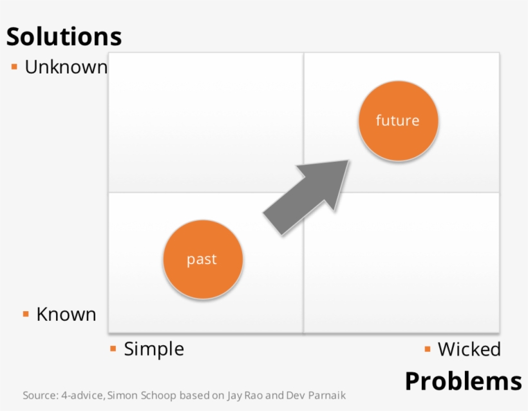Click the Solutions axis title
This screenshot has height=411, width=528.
[x=64, y=36]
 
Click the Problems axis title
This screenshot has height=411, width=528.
[x=464, y=381]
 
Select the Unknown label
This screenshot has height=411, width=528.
[x=66, y=67]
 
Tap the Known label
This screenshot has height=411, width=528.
[x=66, y=314]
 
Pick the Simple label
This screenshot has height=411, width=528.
[x=154, y=349]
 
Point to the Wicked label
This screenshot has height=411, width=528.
[x=469, y=349]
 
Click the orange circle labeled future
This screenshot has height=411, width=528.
[x=398, y=120]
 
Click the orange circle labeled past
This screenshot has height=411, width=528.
[x=203, y=259]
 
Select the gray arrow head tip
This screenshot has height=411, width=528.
[x=348, y=160]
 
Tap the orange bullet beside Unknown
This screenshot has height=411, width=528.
[x=14, y=67]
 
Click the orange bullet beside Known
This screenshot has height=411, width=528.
[x=26, y=314]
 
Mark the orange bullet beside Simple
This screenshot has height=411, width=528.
[x=113, y=349]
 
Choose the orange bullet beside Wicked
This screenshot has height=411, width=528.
[x=428, y=349]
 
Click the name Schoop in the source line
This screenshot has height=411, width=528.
[x=158, y=395]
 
